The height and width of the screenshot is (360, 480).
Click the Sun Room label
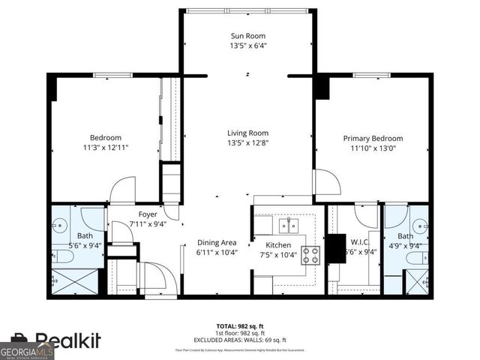[x=247, y=36]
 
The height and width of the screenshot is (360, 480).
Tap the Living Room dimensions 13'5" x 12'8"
[x=247, y=142]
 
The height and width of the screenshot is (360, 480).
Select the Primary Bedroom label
[x=373, y=138]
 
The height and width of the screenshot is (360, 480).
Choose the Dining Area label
[x=217, y=242]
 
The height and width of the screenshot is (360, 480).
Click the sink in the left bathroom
[x=60, y=226]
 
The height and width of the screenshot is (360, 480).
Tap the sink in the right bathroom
[x=420, y=225]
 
